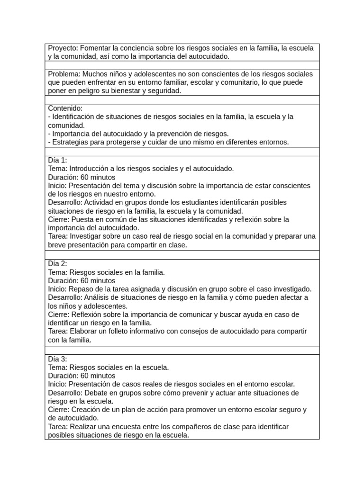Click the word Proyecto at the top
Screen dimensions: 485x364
coord(62,48)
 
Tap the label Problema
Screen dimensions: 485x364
coord(64,74)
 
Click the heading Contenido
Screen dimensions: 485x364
coord(65,108)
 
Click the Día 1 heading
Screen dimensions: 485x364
coord(57,160)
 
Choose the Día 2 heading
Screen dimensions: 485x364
coord(57,263)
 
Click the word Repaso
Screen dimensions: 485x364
coord(80,289)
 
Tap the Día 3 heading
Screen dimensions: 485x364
coord(57,359)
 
